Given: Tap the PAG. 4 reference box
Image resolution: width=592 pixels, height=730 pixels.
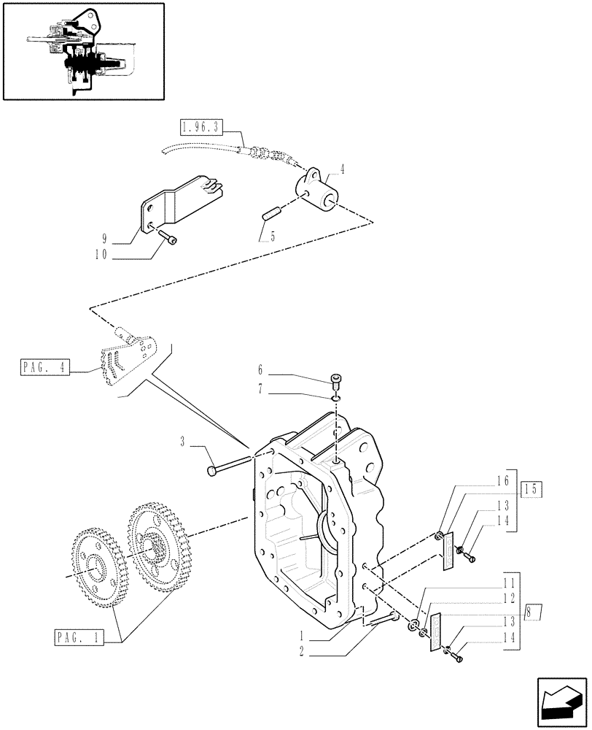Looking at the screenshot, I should [44, 367].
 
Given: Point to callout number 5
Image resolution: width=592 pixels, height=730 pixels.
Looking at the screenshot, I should [273, 237].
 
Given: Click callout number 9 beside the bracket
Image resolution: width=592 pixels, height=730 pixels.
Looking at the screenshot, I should [105, 239].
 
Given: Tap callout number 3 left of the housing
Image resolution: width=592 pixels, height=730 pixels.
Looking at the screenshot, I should [183, 441].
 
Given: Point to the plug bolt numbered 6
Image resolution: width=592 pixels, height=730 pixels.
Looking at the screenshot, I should [335, 380].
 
